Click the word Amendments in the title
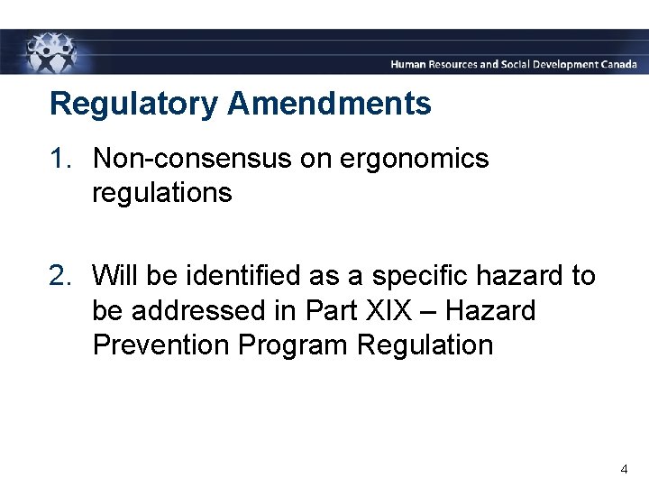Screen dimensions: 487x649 (329, 104)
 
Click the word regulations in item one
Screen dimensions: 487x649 (161, 193)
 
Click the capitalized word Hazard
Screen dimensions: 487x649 (490, 310)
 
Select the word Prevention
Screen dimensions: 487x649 (159, 345)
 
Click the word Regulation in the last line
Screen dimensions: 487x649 (425, 345)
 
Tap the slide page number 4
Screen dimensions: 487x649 (624, 469)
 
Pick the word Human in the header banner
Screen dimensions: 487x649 (410, 65)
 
